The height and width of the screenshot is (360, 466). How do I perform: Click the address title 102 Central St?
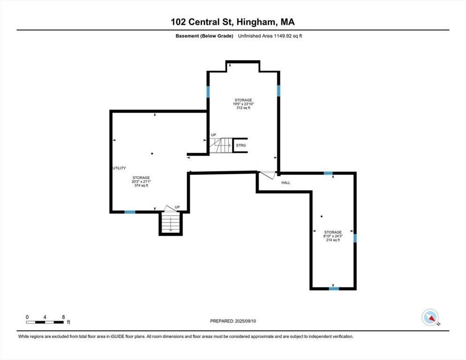233,22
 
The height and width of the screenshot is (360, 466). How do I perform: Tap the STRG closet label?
241,145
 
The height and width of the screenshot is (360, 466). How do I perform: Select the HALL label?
286,182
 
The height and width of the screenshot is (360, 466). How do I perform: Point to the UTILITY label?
119,168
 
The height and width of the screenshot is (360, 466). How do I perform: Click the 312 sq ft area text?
243,108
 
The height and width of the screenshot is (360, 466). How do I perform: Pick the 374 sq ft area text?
141,185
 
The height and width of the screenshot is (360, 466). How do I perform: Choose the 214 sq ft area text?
333,240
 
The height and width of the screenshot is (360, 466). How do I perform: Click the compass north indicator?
430,318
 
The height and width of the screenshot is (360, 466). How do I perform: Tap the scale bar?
45,322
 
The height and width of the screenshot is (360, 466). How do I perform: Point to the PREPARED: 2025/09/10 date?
233,321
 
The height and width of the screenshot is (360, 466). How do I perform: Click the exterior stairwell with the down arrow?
171,223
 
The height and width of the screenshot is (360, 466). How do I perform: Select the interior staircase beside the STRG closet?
221,145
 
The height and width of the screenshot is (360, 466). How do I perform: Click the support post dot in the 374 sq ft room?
152,153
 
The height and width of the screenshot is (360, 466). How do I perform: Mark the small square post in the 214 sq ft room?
322,217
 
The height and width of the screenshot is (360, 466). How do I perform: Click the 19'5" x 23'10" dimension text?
243,104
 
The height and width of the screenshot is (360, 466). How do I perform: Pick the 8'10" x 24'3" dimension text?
333,236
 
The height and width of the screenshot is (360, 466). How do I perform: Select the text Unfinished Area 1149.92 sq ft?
270,36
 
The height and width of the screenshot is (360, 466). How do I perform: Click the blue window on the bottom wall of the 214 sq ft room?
333,289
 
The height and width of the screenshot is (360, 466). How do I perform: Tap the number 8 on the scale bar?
63,317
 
